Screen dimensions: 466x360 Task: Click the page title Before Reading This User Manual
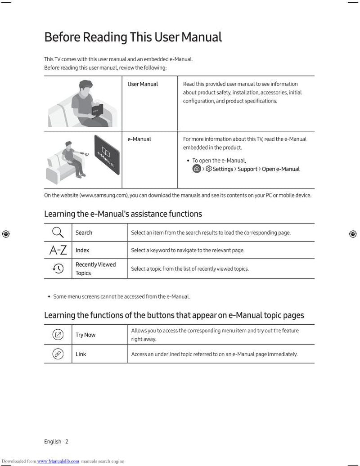pos(133,37)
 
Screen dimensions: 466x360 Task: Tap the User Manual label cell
pos(143,84)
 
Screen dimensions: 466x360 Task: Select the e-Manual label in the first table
pos(139,139)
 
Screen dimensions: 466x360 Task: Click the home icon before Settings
pos(197,169)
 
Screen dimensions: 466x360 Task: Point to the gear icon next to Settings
pos(209,169)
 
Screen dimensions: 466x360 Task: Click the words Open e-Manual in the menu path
pos(280,169)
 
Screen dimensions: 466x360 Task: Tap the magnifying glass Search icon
pos(58,233)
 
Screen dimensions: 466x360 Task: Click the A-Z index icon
pos(58,251)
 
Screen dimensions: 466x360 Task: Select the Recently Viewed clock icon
pos(58,269)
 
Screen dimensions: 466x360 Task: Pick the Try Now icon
pos(58,335)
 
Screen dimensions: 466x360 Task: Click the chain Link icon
pos(58,354)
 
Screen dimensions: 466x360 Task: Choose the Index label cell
pos(82,251)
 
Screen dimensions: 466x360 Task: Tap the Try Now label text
pos(85,335)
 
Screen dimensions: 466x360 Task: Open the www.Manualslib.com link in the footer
pos(58,461)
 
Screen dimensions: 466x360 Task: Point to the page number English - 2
pos(56,442)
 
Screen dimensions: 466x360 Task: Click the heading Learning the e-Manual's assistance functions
pos(123,214)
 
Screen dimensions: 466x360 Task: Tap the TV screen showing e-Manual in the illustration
pos(107,161)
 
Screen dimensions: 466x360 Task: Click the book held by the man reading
pos(97,110)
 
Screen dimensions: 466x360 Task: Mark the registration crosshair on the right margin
pos(353,233)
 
